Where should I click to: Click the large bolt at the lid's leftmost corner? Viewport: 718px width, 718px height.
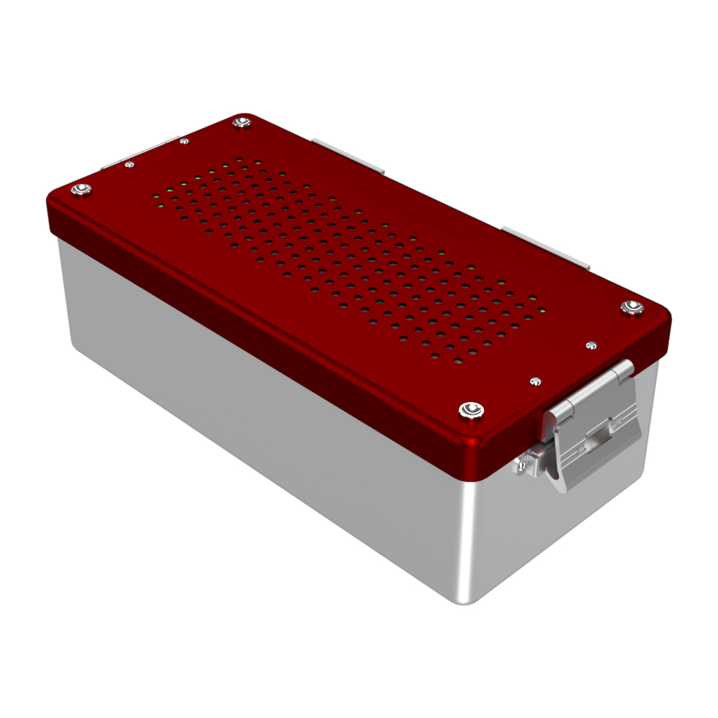pos(81,190)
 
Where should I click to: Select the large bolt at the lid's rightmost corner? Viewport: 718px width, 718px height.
pos(632,308)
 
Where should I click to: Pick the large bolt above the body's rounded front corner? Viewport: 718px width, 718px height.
pos(470,410)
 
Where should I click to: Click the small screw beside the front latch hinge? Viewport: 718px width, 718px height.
pos(534,381)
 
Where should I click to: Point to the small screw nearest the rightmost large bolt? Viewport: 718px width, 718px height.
pos(591,345)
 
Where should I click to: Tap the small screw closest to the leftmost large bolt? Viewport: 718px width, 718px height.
pos(129,164)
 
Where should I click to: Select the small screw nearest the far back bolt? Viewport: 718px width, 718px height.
pos(184,141)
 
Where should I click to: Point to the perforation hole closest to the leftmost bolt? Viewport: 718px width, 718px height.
pos(157,195)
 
